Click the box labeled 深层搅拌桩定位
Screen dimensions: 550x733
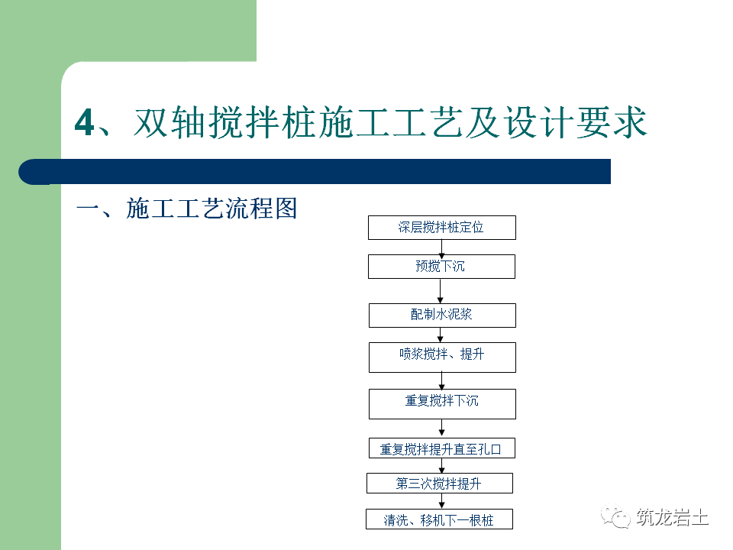click(441, 228)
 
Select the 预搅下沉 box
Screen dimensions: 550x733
click(441, 267)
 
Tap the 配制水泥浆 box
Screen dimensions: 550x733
click(442, 315)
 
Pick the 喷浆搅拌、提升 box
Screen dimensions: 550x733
click(442, 357)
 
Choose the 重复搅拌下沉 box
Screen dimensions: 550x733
click(442, 403)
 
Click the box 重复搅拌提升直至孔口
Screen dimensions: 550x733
click(441, 449)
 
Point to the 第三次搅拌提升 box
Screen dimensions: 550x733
click(439, 484)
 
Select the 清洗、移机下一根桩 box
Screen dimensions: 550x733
click(439, 520)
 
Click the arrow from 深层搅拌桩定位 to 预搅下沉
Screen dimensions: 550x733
click(442, 247)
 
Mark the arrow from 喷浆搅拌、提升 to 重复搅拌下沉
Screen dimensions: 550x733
click(442, 380)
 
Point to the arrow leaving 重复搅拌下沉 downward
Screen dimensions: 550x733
click(442, 429)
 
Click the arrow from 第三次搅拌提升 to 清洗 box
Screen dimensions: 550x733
click(441, 501)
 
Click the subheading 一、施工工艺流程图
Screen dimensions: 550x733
click(186, 209)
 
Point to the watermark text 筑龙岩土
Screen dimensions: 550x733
click(671, 519)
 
